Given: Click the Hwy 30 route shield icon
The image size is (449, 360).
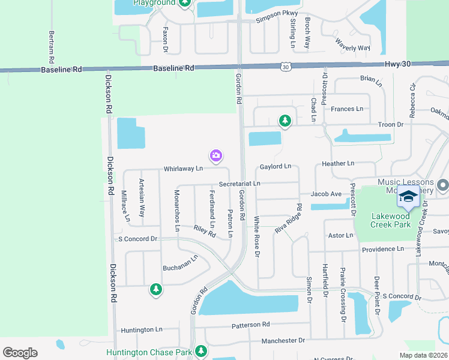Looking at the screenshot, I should (x=286, y=67).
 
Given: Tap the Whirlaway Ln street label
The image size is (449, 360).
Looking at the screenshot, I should (x=183, y=169).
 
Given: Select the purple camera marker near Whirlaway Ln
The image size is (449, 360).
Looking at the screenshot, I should (x=216, y=157).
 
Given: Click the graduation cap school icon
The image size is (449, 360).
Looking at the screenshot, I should (x=408, y=197).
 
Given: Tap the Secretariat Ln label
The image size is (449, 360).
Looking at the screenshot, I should (x=240, y=183).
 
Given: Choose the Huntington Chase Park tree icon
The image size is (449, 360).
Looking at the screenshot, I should (x=202, y=351).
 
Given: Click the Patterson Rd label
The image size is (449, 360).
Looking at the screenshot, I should (x=251, y=325).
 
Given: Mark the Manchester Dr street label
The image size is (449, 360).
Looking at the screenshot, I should (x=283, y=340).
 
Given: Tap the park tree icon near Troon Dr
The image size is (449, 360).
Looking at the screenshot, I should (x=285, y=122).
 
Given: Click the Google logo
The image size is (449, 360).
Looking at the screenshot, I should (x=20, y=353).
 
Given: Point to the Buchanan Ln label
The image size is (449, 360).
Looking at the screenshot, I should (x=180, y=263).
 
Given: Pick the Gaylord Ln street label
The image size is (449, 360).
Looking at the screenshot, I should (x=275, y=166).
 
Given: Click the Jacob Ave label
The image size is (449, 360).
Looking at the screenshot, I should (x=326, y=194).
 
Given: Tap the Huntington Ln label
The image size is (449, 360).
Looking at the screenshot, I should (x=142, y=329).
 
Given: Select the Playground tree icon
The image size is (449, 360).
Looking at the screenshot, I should (x=185, y=3).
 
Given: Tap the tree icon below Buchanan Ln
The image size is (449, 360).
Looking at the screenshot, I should (x=156, y=290).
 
